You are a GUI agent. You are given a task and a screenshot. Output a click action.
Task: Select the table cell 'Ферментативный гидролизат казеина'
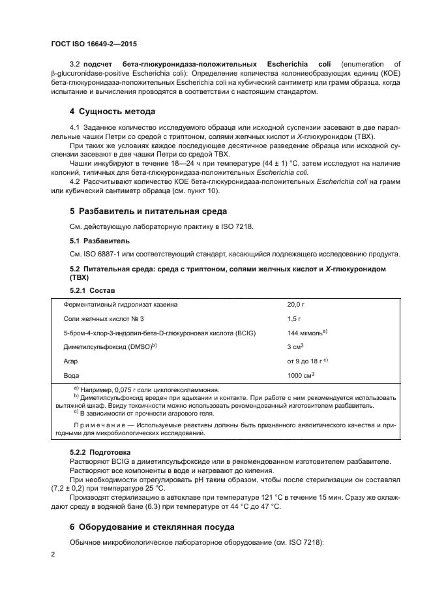121,304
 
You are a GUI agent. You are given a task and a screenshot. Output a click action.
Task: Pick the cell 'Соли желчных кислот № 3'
100,318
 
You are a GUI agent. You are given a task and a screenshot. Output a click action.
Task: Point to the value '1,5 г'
295,318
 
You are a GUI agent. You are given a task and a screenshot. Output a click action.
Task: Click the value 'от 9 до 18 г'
306,361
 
